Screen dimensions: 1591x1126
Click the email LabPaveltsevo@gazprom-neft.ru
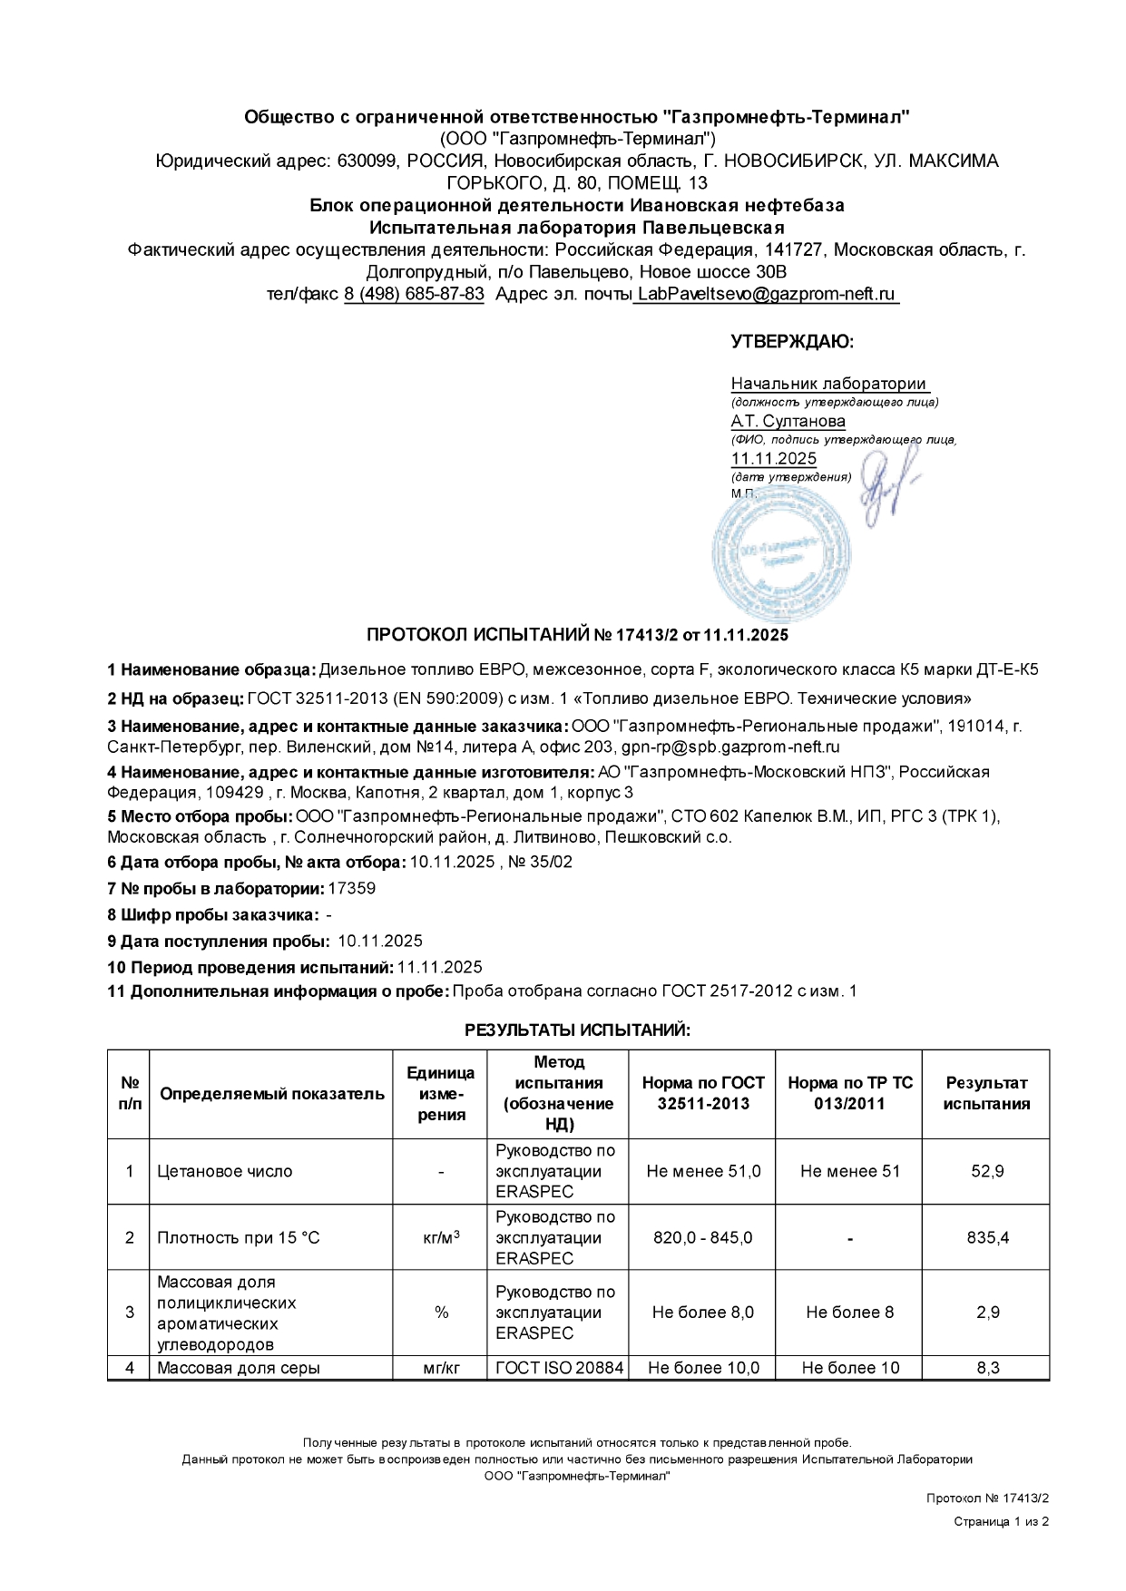tap(766, 295)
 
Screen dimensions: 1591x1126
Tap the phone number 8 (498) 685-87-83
tap(414, 295)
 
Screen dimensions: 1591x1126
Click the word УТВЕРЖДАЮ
tap(791, 342)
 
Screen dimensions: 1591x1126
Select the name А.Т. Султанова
tap(788, 421)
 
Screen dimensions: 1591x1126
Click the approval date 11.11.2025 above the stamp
tap(773, 458)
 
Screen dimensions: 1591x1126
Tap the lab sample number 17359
tap(351, 888)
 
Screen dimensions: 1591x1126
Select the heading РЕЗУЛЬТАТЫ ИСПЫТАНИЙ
tap(578, 1030)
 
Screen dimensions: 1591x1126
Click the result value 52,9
tap(986, 1171)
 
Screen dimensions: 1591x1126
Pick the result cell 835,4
tap(986, 1237)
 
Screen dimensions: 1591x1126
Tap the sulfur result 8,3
tap(986, 1367)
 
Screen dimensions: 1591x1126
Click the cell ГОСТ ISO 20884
tap(559, 1367)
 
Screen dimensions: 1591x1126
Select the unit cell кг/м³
tap(441, 1237)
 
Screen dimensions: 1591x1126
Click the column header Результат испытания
tap(986, 1093)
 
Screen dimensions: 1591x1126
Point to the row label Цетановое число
tap(225, 1171)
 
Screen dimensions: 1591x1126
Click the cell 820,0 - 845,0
tap(702, 1237)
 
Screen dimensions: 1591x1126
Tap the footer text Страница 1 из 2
tap(1001, 1521)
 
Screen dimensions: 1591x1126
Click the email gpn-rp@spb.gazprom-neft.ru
tap(729, 747)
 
